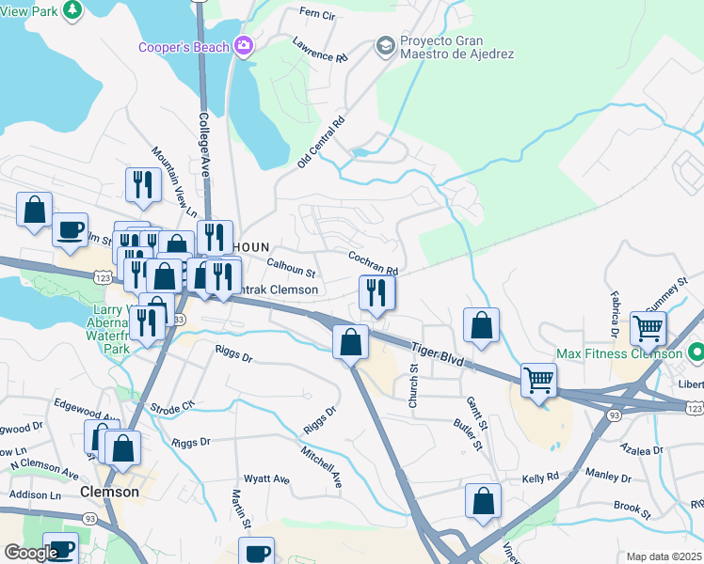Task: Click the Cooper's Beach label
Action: point(184,47)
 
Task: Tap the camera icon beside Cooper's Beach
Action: point(243,46)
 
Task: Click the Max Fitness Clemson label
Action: point(618,353)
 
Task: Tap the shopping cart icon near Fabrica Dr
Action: point(648,329)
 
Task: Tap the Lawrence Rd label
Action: point(319,50)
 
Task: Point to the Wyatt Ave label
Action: point(267,478)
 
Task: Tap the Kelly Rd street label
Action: point(541,478)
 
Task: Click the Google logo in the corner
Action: point(30,553)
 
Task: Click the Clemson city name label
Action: point(110,492)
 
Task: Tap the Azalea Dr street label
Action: point(669,451)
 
